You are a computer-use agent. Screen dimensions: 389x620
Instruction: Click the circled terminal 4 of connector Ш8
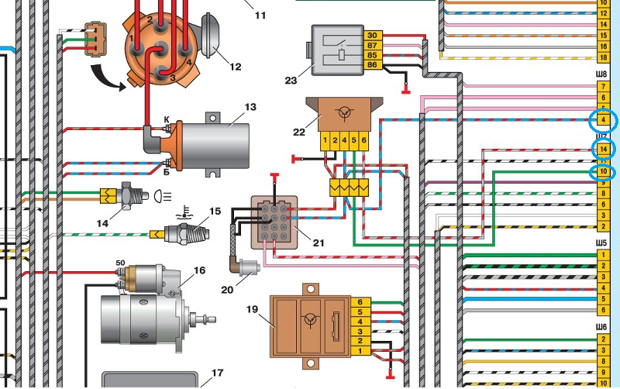click(602, 121)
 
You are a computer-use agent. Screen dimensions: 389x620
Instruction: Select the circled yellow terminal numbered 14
click(602, 148)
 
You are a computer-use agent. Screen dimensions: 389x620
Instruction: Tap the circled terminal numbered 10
click(602, 170)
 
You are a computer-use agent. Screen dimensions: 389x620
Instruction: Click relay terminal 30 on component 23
click(372, 36)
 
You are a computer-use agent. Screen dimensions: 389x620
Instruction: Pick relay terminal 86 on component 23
click(372, 67)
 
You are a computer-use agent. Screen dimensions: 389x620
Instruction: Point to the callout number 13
click(249, 107)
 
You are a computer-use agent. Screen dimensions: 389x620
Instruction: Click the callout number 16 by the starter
click(199, 270)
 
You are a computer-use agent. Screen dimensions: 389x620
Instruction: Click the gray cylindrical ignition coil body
click(221, 144)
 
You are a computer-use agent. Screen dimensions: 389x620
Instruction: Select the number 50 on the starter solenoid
click(120, 263)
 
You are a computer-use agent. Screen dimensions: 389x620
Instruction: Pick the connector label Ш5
click(602, 243)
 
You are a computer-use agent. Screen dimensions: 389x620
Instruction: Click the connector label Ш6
click(602, 327)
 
